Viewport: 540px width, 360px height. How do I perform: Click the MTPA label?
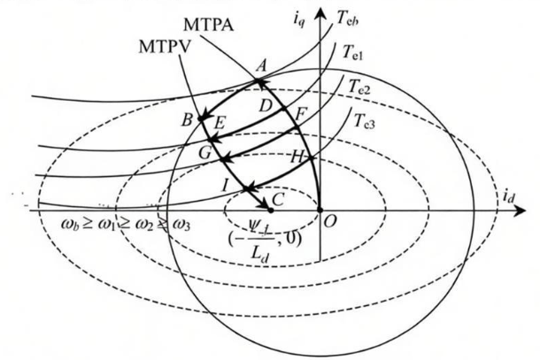coord(209,25)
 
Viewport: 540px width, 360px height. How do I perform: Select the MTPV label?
coord(164,47)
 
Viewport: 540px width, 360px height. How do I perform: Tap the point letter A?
coord(261,65)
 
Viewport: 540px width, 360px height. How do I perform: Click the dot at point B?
coord(201,119)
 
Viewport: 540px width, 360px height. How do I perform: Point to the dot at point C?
coord(270,210)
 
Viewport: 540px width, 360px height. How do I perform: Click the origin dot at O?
coord(320,210)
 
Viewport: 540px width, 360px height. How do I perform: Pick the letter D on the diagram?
coord(266,106)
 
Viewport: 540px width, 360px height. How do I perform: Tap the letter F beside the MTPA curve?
coord(301,115)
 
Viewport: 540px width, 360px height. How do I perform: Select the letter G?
coord(205,153)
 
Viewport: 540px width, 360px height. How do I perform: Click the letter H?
coord(297,157)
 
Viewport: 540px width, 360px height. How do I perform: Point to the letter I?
coord(225,186)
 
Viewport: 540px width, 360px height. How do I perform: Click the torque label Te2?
coord(359,86)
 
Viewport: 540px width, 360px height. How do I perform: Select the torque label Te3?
coord(365,120)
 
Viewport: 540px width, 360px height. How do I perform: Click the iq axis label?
coord(299,19)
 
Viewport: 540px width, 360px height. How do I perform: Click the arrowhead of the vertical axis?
coord(321,12)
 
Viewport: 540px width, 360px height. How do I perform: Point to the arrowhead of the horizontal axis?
coord(519,211)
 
